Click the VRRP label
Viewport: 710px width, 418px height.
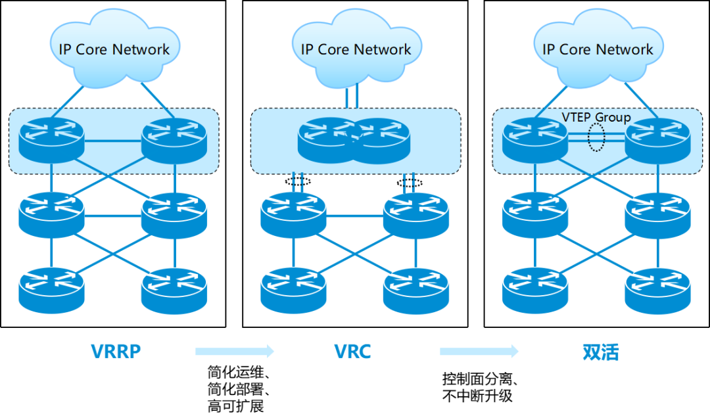coord(116,352)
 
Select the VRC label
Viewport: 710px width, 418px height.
coord(353,352)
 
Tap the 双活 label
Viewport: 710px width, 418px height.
coord(600,352)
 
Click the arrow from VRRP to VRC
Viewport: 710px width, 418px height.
coord(235,352)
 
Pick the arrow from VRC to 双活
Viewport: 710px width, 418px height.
coord(479,352)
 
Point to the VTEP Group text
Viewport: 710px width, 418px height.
coord(596,118)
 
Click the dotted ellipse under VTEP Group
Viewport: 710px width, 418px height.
coord(596,139)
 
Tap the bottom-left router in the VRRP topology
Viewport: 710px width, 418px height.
coord(51,289)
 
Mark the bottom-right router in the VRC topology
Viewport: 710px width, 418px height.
coord(416,289)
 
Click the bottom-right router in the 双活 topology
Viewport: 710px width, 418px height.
coord(657,289)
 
